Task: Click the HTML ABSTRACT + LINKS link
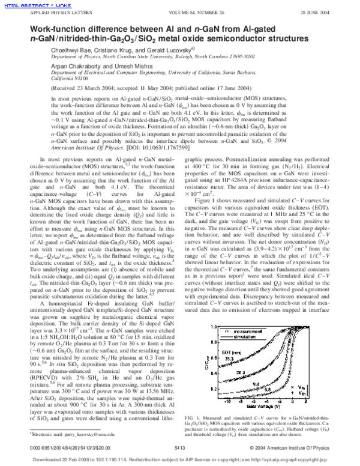tap(27, 4)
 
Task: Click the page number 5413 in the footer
tap(179, 448)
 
